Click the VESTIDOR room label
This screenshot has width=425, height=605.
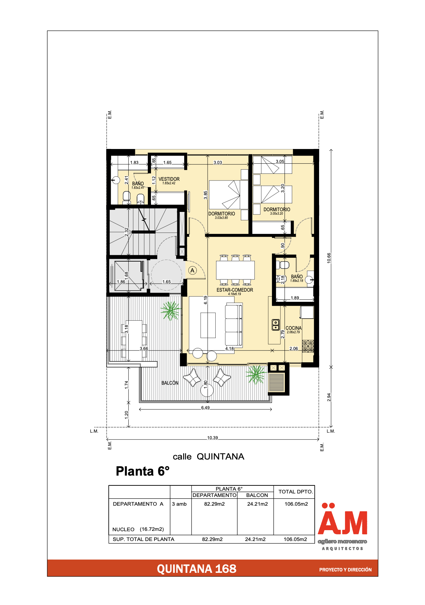[169, 179]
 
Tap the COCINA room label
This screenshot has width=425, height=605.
[293, 328]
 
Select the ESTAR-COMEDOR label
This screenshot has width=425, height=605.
[235, 290]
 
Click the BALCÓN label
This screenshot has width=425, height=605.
[170, 383]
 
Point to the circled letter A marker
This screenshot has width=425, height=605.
[192, 270]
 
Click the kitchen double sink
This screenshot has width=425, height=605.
[275, 325]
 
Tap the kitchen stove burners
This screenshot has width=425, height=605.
[308, 346]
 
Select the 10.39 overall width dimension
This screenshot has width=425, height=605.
[212, 438]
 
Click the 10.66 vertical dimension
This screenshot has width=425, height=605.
[329, 258]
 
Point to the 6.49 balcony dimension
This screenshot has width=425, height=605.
[205, 408]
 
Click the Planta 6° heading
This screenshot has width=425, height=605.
[143, 471]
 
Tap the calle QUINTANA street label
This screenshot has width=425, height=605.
[208, 457]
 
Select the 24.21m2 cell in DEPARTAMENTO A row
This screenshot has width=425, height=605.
[257, 504]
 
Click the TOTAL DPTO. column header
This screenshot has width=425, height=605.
[295, 492]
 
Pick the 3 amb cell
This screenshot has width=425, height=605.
[179, 504]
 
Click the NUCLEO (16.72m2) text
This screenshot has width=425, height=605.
[138, 529]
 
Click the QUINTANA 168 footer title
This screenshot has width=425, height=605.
[196, 569]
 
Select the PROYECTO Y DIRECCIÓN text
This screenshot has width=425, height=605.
[345, 570]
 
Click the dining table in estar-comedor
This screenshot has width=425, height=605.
[235, 270]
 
